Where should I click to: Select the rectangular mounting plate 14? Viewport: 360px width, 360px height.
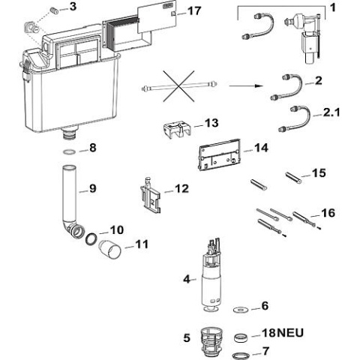pyautogui.click(x=217, y=156)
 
